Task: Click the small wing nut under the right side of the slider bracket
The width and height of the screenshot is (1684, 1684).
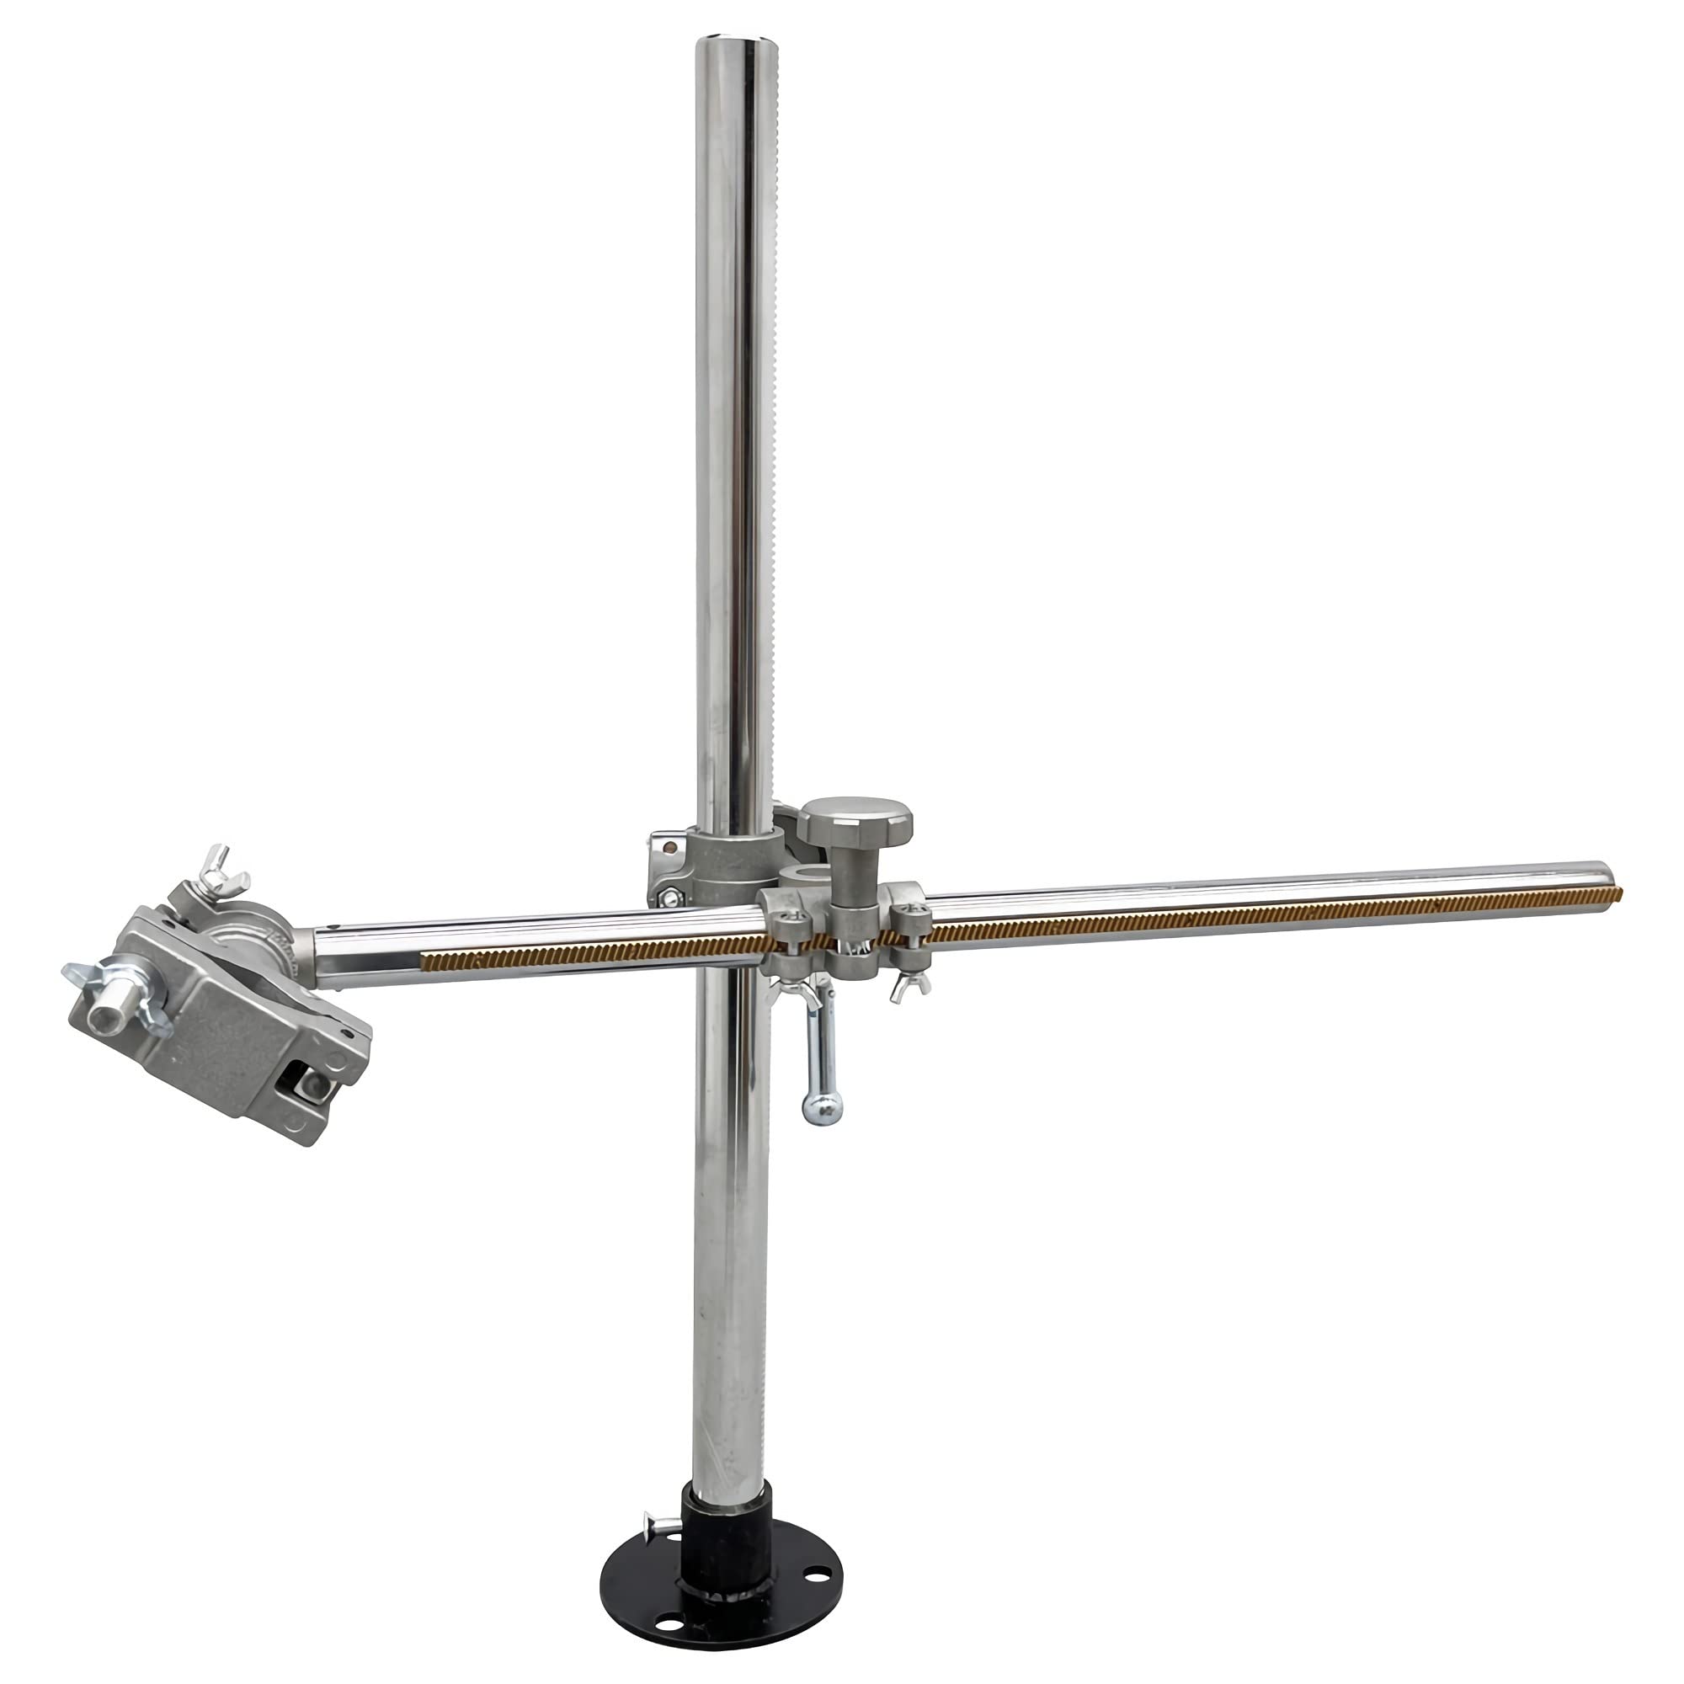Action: click(x=909, y=984)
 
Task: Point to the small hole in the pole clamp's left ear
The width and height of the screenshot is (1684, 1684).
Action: click(x=669, y=845)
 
